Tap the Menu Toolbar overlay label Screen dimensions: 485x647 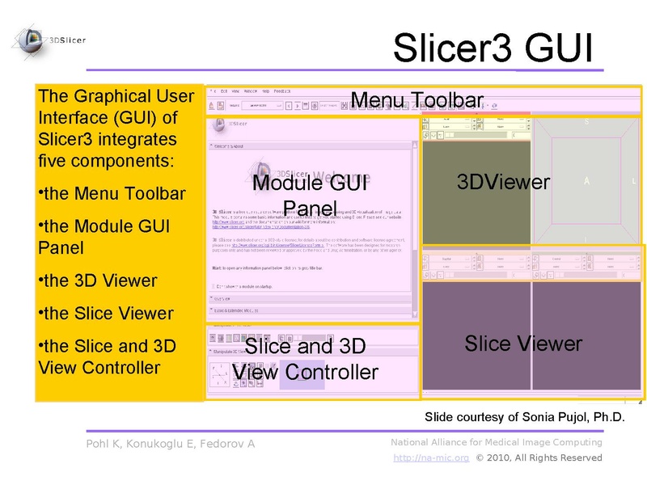click(x=417, y=100)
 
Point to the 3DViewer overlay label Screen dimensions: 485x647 click(x=503, y=182)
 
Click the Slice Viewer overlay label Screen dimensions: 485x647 click(x=522, y=344)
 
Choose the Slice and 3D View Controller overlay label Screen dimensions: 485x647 click(x=305, y=360)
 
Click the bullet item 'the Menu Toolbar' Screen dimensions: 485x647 click(x=112, y=194)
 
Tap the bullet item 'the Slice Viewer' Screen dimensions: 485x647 click(x=105, y=314)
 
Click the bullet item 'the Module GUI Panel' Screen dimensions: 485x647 click(x=104, y=237)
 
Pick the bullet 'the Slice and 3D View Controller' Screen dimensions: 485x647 click(x=106, y=356)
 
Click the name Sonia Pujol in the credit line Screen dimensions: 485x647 click(x=556, y=417)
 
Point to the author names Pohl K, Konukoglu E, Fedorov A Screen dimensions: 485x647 click(x=170, y=444)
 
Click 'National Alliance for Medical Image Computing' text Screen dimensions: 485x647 click(x=496, y=442)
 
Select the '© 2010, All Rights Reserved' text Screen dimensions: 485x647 click(x=539, y=458)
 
